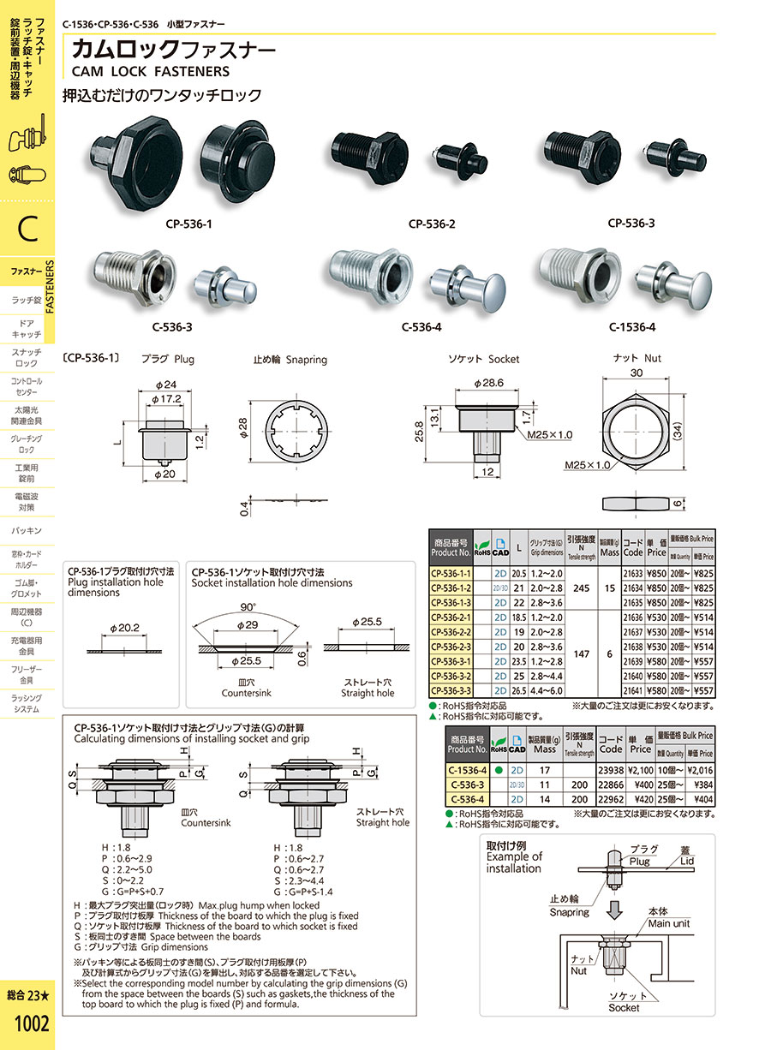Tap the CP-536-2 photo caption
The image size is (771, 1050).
click(x=432, y=224)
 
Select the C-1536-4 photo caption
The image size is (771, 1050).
click(x=632, y=326)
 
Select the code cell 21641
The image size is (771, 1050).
click(x=633, y=690)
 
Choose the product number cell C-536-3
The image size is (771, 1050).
click(x=467, y=784)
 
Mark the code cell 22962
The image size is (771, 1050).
click(x=610, y=798)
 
